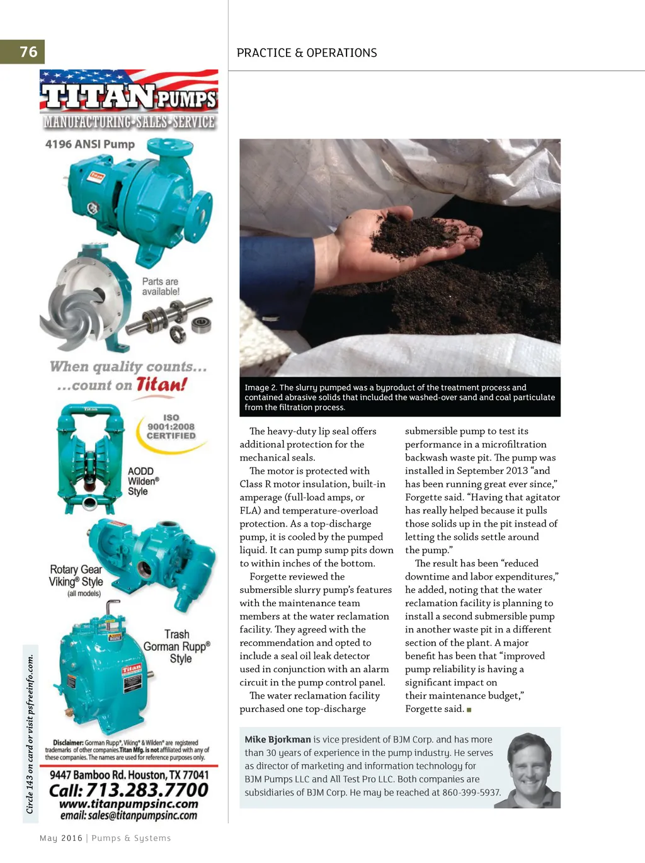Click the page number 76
(28, 52)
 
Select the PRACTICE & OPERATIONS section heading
(307, 53)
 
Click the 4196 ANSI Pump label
(90, 144)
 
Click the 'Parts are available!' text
(161, 287)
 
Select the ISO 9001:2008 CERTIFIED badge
(171, 426)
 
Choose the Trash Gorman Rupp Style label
(177, 646)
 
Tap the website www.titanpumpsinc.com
(128, 804)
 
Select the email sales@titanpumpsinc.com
(128, 816)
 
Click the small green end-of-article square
(469, 710)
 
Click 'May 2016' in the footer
(61, 838)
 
